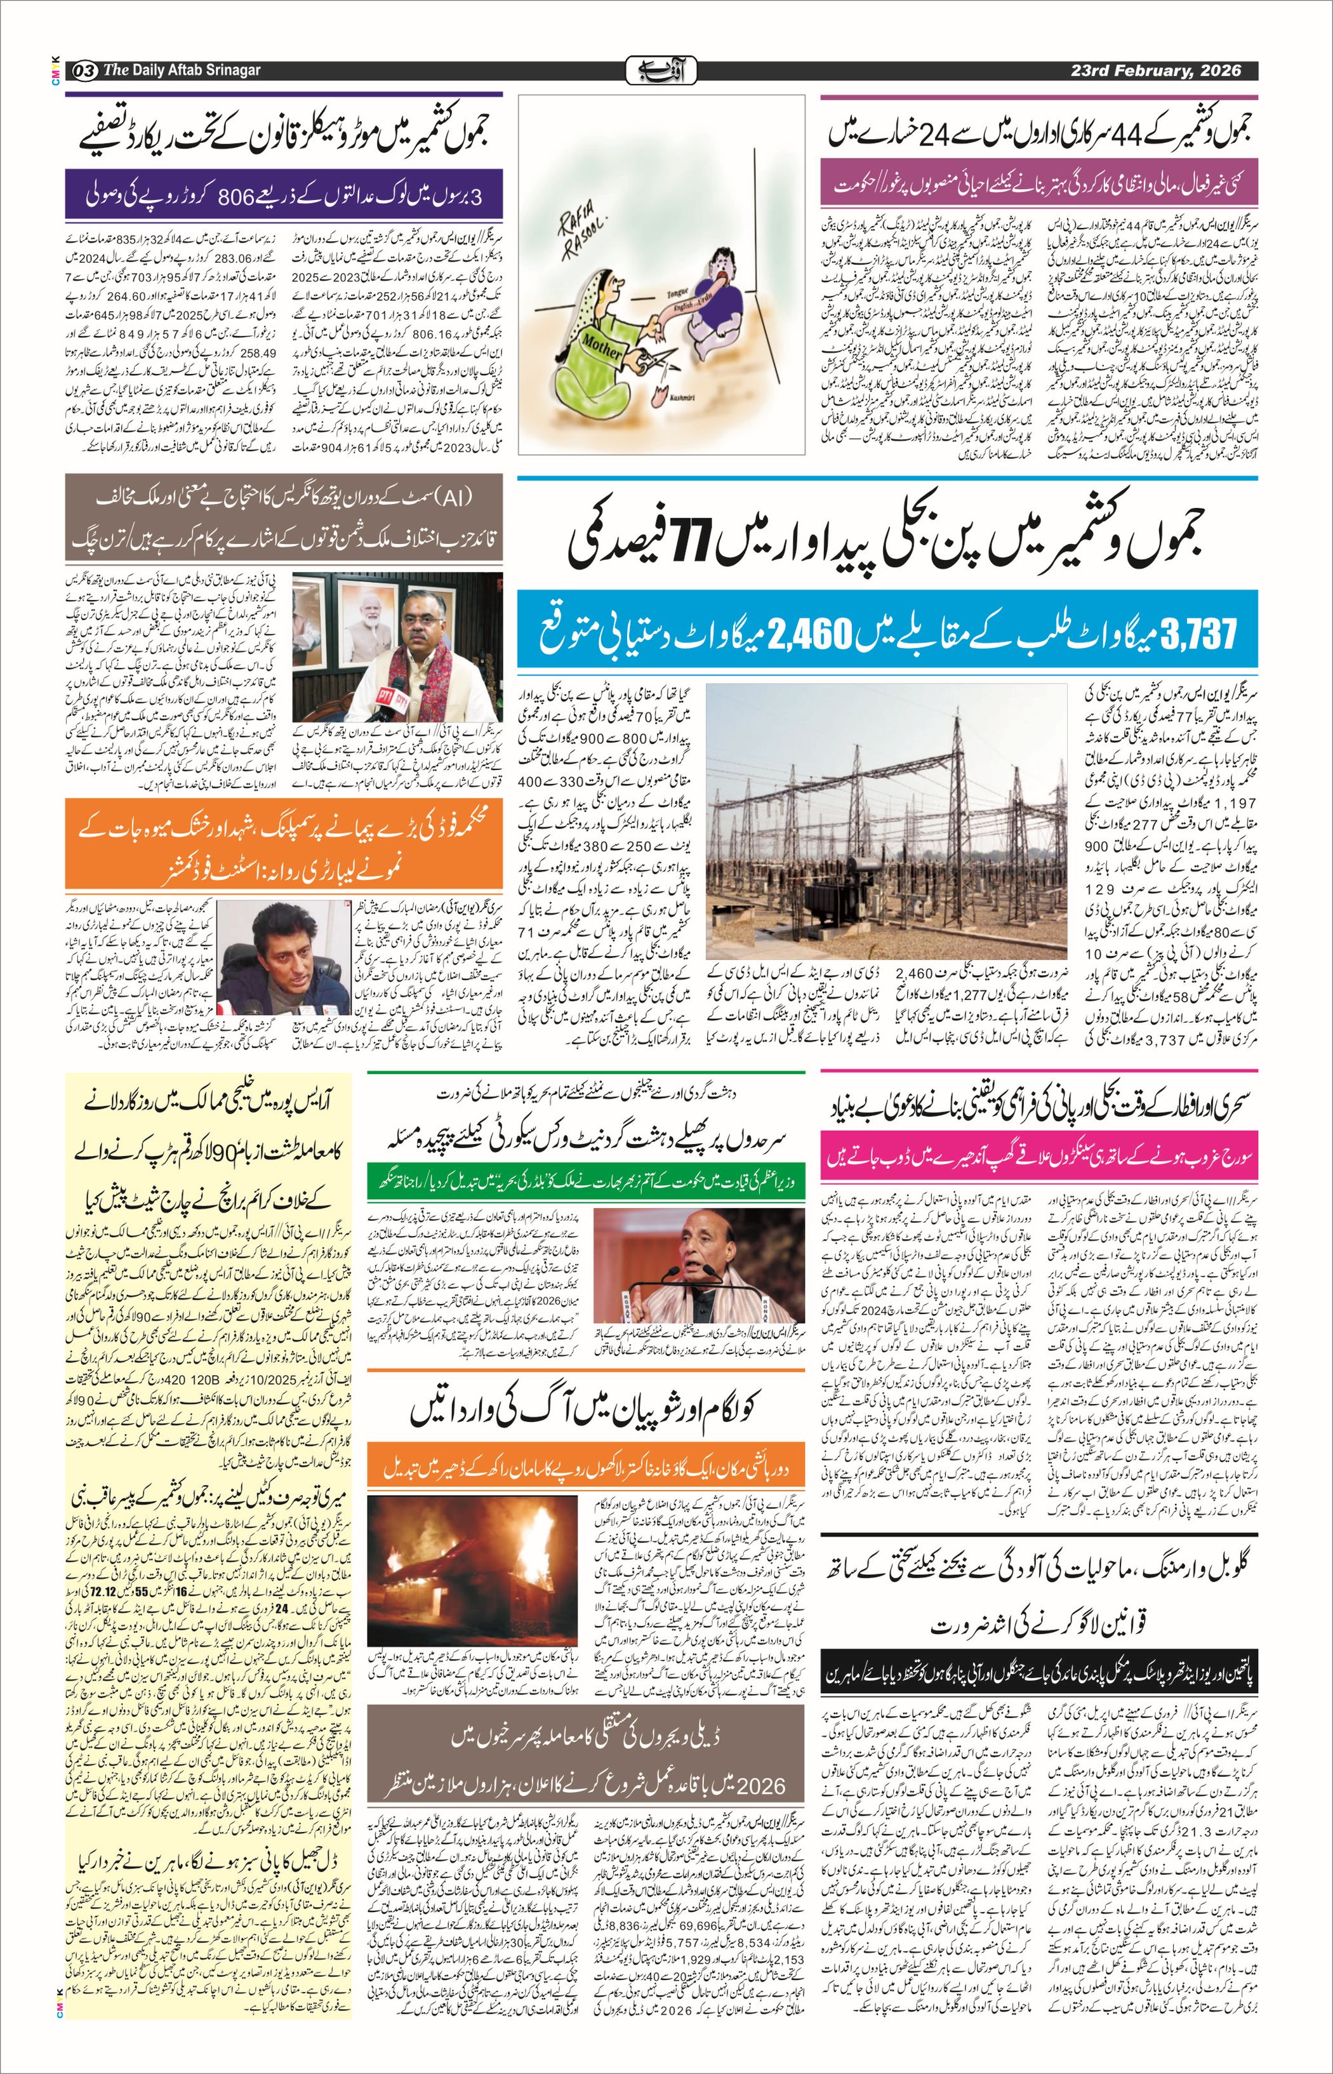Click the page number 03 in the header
[x=85, y=70]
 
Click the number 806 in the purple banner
[x=233, y=195]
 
